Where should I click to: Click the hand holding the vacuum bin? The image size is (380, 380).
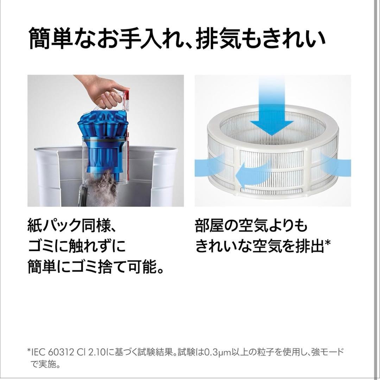tap(100, 92)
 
